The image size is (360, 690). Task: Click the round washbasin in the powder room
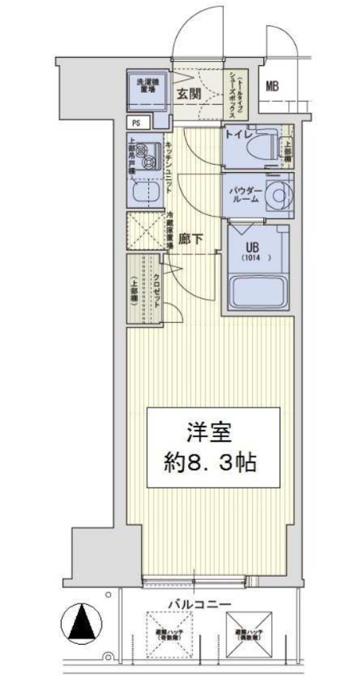[x=278, y=194]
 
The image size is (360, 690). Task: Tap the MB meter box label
[x=272, y=86]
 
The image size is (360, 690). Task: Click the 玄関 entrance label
[x=189, y=93]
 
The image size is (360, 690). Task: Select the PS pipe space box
[x=136, y=123]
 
